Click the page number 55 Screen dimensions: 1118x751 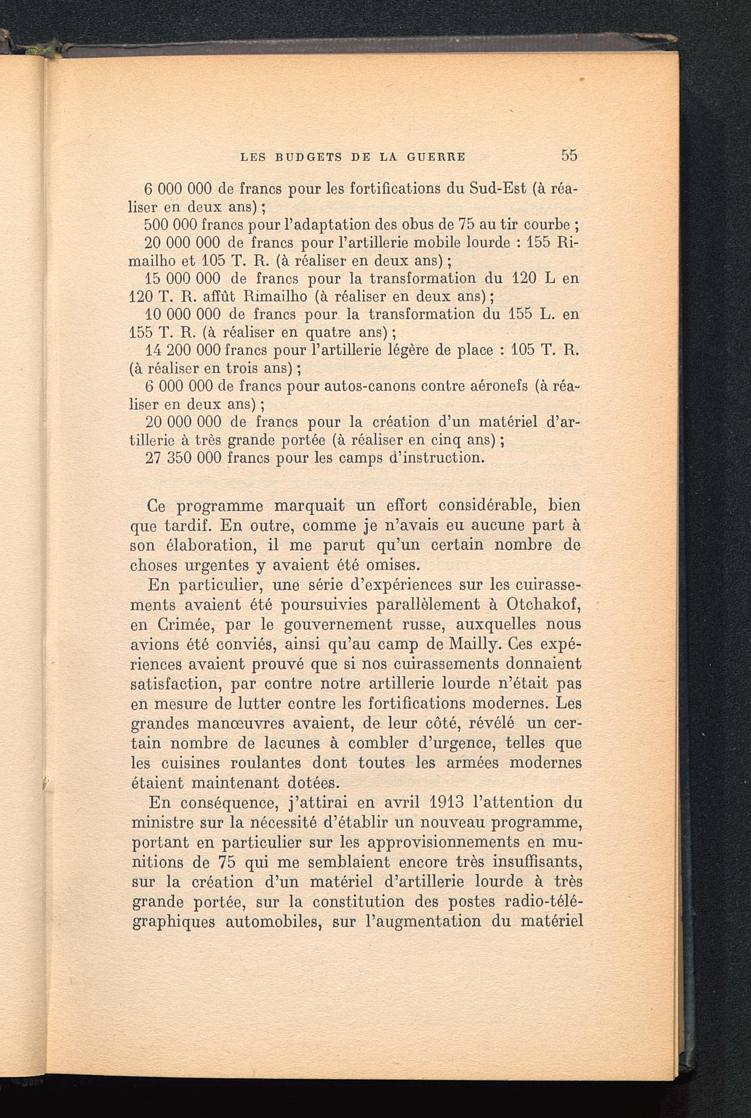pos(570,155)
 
